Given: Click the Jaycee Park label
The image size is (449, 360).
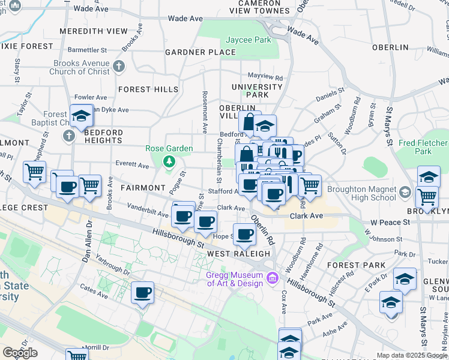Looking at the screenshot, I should [248, 40].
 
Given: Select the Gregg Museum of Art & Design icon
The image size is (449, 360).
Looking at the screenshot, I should [273, 277].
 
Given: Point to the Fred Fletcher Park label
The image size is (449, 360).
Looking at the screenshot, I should [423, 148].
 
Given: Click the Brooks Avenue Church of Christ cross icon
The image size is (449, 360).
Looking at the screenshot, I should [119, 66].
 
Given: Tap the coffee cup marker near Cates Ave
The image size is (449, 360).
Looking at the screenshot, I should [142, 293].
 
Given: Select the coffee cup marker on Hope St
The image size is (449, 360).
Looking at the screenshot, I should [244, 234].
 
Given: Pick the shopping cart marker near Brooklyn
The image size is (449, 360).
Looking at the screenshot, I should [427, 196].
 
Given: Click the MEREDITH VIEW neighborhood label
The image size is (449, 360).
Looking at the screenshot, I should [93, 31].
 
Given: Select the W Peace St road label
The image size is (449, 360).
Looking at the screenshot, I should [390, 222].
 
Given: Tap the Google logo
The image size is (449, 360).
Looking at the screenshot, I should [20, 353].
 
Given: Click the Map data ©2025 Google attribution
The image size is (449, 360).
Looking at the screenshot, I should [412, 355].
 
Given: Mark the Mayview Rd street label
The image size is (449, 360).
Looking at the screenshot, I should [265, 77].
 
